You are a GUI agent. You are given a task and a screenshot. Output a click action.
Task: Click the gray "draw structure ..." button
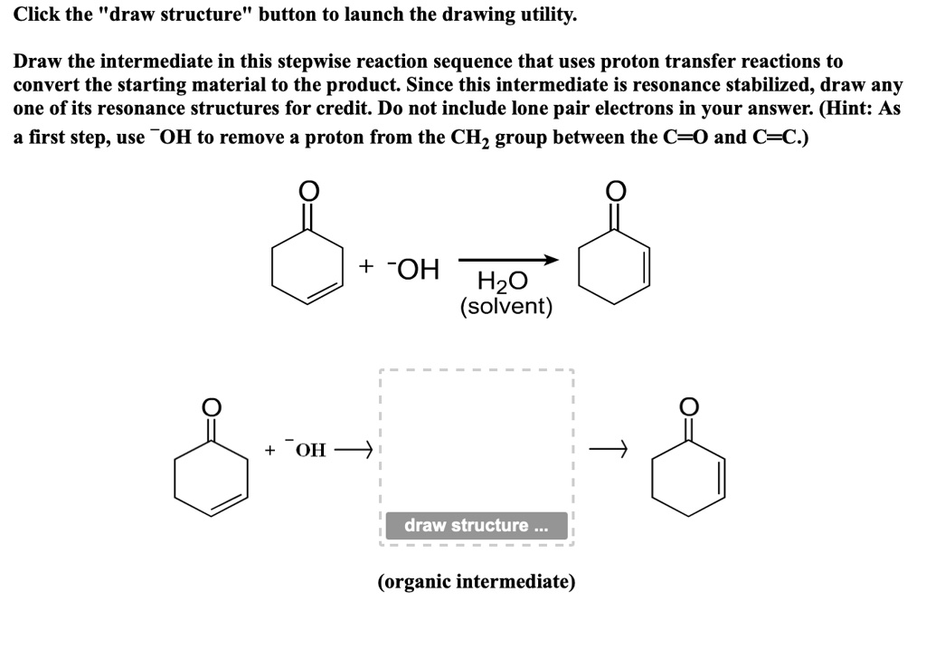(477, 526)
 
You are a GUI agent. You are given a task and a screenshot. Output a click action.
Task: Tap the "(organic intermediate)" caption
(477, 581)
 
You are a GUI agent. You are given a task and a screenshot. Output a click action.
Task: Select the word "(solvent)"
(506, 307)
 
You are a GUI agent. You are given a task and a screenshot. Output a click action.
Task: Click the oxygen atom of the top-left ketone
(308, 190)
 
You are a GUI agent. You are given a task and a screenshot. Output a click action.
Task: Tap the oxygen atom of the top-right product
(615, 190)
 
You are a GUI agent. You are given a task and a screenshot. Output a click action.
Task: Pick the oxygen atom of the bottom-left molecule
(212, 407)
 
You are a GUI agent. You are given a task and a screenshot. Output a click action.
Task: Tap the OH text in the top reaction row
(417, 269)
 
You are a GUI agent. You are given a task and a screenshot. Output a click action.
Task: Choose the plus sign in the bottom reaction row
(269, 450)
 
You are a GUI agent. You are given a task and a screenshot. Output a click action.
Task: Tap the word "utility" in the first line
(543, 15)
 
